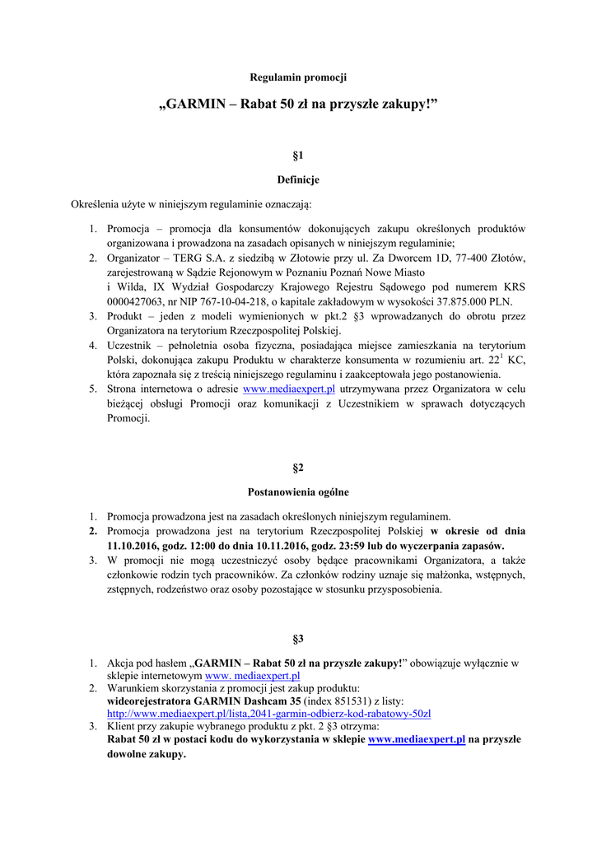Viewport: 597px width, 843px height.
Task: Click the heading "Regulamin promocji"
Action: click(x=298, y=77)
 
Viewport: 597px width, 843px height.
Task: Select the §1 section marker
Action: click(x=298, y=155)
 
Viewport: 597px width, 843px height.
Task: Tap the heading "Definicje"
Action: click(x=298, y=179)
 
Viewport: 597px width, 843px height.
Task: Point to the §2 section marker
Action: click(x=298, y=468)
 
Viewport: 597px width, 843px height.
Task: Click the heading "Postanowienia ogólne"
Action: click(x=298, y=492)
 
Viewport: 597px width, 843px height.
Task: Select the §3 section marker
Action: click(x=298, y=638)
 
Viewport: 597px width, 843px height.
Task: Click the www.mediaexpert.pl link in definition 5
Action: click(x=294, y=389)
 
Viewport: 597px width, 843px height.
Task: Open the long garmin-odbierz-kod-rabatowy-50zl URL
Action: click(x=269, y=713)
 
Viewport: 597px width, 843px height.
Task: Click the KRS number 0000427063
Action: click(x=136, y=300)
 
